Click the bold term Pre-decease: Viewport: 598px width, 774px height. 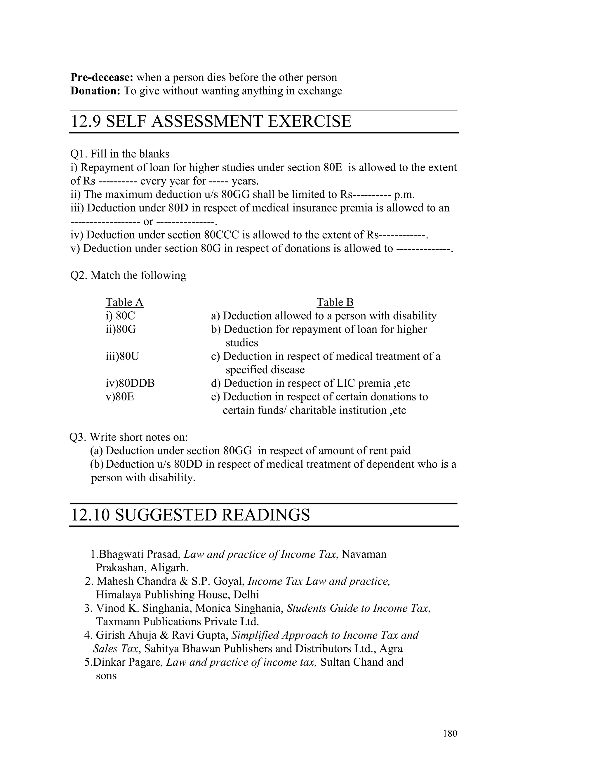(102, 77)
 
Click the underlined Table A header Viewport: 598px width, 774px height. (124, 302)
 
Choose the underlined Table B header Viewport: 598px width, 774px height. (335, 302)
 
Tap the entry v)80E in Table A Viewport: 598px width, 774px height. (120, 397)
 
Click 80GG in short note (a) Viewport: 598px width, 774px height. (237, 451)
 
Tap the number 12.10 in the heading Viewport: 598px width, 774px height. (90, 515)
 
